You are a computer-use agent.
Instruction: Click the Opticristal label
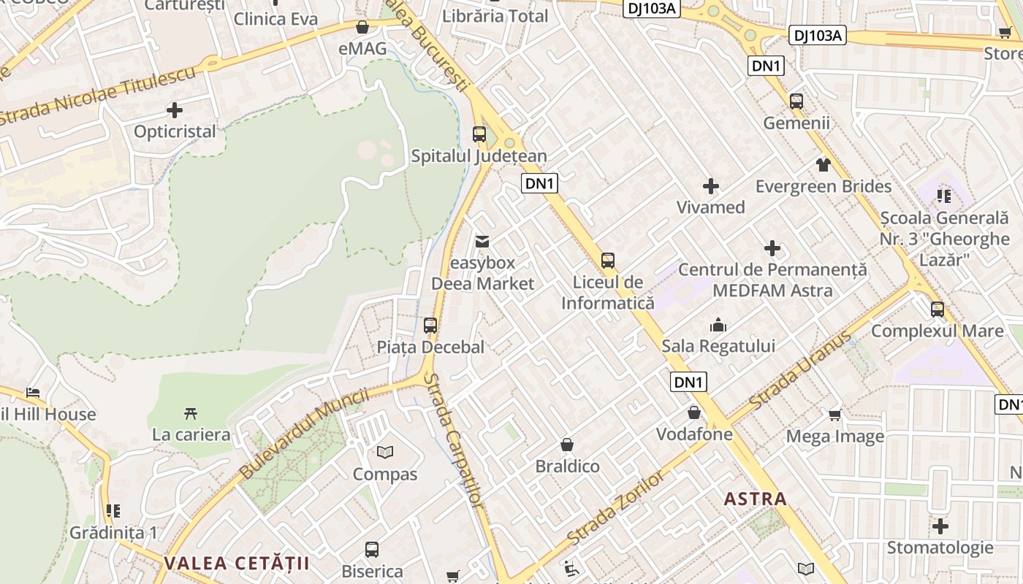click(x=175, y=131)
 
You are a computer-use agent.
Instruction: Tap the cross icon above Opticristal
click(x=174, y=110)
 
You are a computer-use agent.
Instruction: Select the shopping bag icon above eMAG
click(x=362, y=28)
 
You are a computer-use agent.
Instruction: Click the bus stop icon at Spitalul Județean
click(x=479, y=134)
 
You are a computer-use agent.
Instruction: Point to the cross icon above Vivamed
click(x=710, y=186)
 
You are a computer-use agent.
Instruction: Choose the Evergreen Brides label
click(x=824, y=186)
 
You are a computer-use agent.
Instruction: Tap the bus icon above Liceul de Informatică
click(x=608, y=261)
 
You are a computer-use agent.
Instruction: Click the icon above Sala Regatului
click(x=718, y=324)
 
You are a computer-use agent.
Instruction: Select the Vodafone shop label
click(x=694, y=434)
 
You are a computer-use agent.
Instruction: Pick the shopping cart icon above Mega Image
click(x=835, y=415)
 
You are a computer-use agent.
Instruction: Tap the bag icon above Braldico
click(x=567, y=445)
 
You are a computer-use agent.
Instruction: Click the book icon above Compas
click(x=385, y=453)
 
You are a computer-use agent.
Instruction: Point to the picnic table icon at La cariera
click(x=191, y=414)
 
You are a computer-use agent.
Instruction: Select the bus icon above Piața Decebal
click(x=430, y=326)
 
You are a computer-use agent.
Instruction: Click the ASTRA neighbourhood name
click(x=755, y=499)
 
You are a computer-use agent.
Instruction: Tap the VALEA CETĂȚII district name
click(x=237, y=563)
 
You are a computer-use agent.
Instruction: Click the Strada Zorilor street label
click(x=616, y=508)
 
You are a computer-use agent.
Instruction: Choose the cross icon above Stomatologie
click(x=940, y=526)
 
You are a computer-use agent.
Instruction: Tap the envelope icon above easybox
click(x=482, y=241)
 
